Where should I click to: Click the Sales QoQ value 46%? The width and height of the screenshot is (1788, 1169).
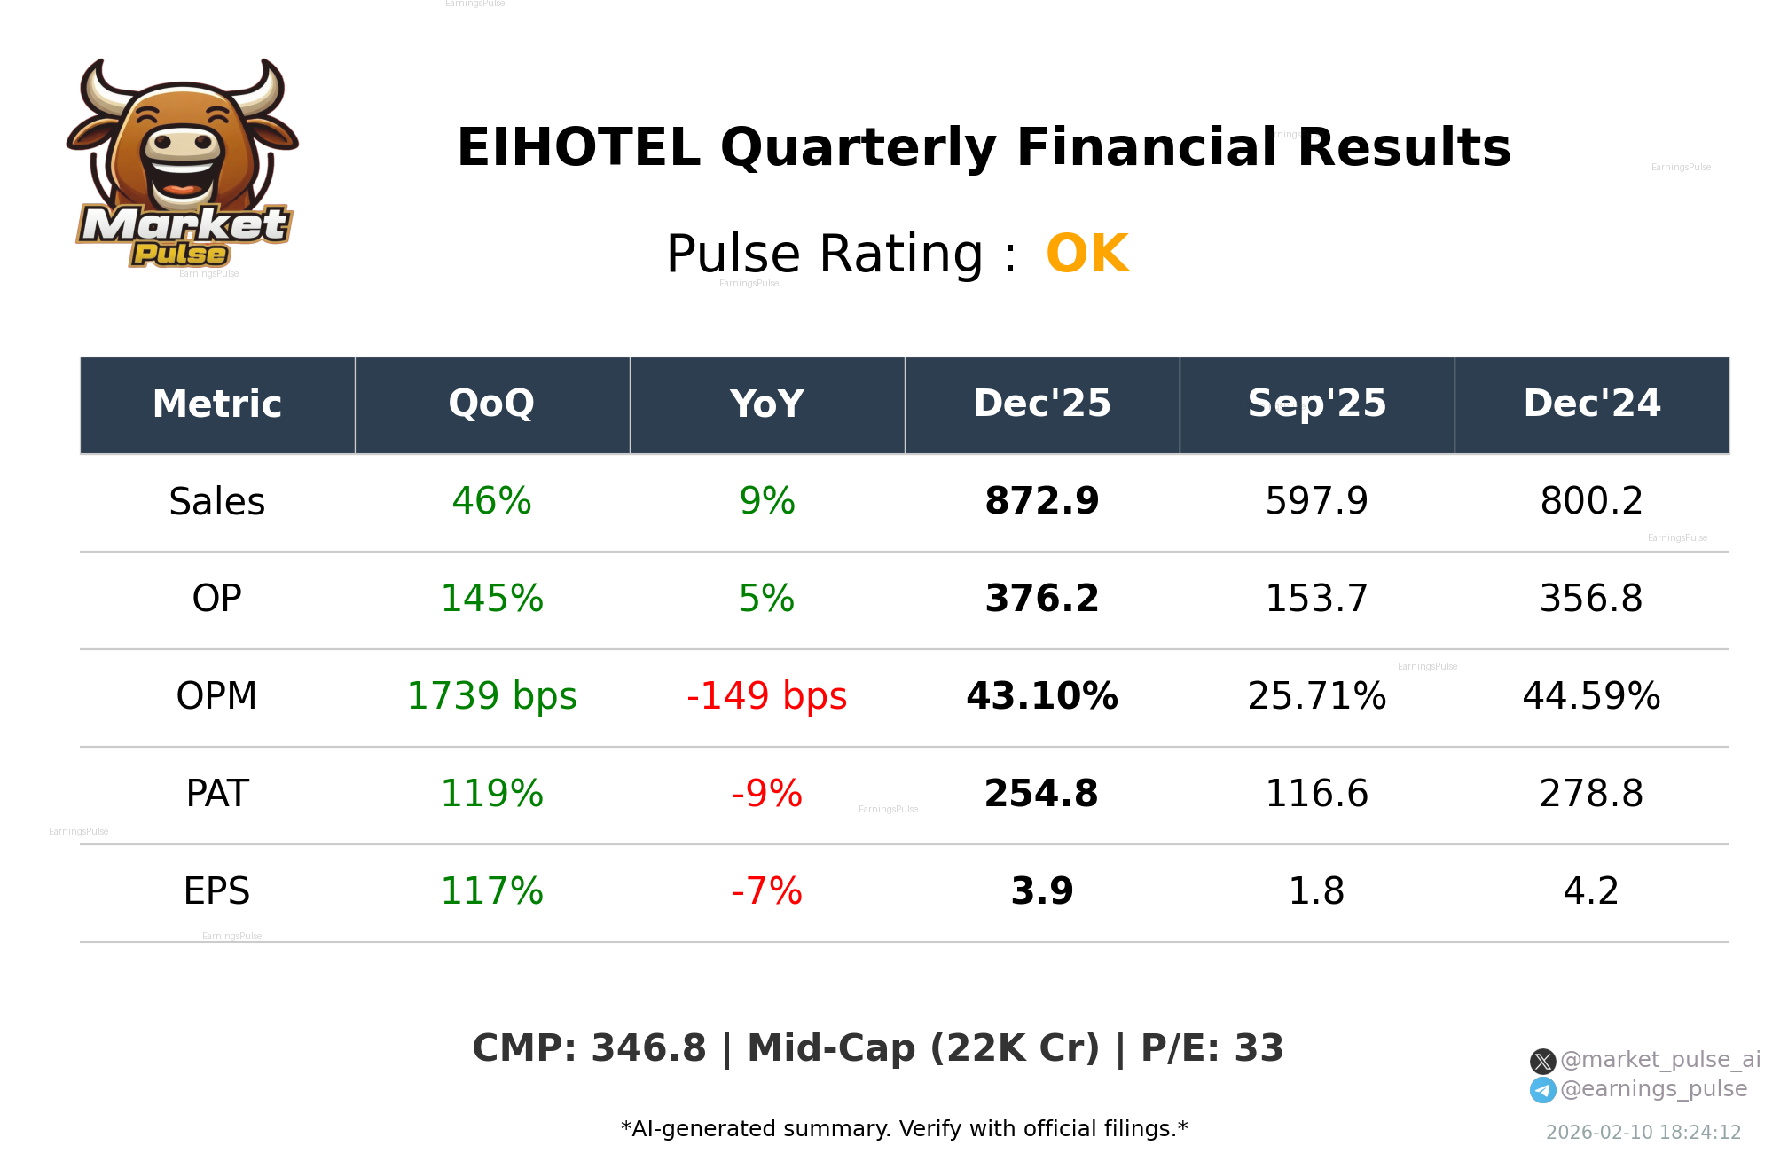point(491,501)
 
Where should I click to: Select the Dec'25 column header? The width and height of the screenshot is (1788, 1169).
point(1042,404)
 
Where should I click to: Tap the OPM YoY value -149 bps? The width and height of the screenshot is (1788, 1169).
point(766,696)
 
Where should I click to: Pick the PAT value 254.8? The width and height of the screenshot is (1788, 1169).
point(1041,794)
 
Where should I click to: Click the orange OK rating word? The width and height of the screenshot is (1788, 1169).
point(1087,255)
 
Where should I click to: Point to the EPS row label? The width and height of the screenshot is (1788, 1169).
point(216,891)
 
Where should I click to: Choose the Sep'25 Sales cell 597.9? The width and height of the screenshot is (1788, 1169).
point(1316,501)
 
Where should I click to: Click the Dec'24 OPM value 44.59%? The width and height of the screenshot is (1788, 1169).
point(1591,696)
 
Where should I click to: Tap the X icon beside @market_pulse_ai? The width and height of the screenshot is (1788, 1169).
point(1542,1061)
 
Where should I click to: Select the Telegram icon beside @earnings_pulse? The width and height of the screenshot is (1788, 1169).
point(1542,1090)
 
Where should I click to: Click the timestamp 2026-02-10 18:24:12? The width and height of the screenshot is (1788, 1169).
point(1643,1133)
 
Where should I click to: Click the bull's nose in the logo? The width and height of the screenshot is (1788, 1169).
point(184,143)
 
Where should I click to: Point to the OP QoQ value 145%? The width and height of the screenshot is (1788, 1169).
point(491,599)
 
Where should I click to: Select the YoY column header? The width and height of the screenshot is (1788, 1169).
point(766,404)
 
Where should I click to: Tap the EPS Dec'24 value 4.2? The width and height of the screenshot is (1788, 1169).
point(1591,891)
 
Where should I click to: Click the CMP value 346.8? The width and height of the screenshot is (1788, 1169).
point(648,1048)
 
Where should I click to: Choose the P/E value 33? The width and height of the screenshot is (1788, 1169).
point(1259,1048)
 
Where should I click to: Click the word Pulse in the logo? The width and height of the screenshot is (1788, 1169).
point(180,255)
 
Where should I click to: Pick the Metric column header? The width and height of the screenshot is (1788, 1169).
point(216,404)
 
